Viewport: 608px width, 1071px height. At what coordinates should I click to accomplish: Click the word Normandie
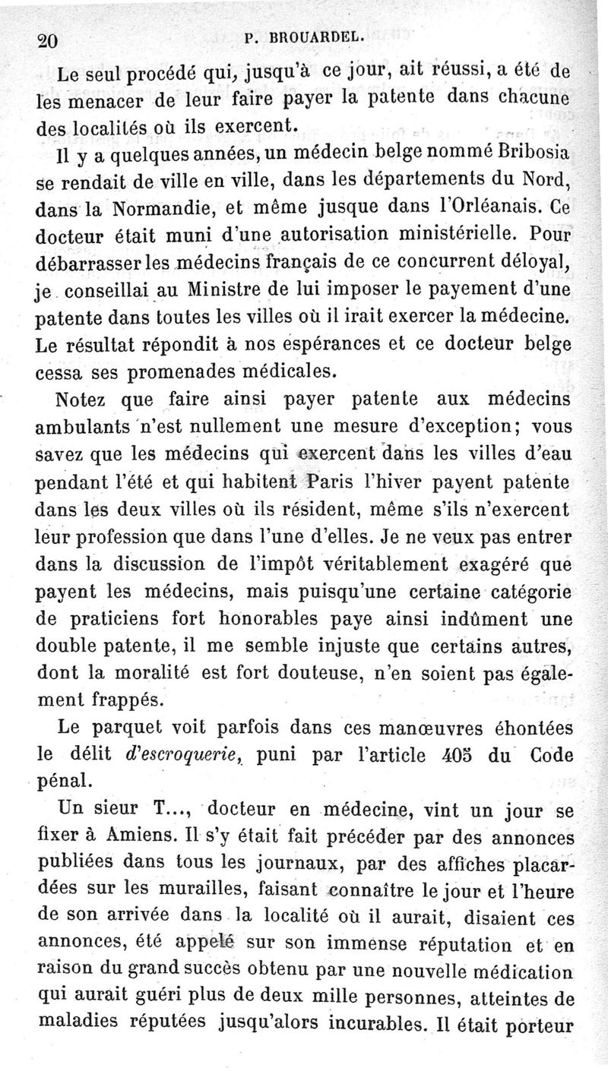[x=149, y=207]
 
